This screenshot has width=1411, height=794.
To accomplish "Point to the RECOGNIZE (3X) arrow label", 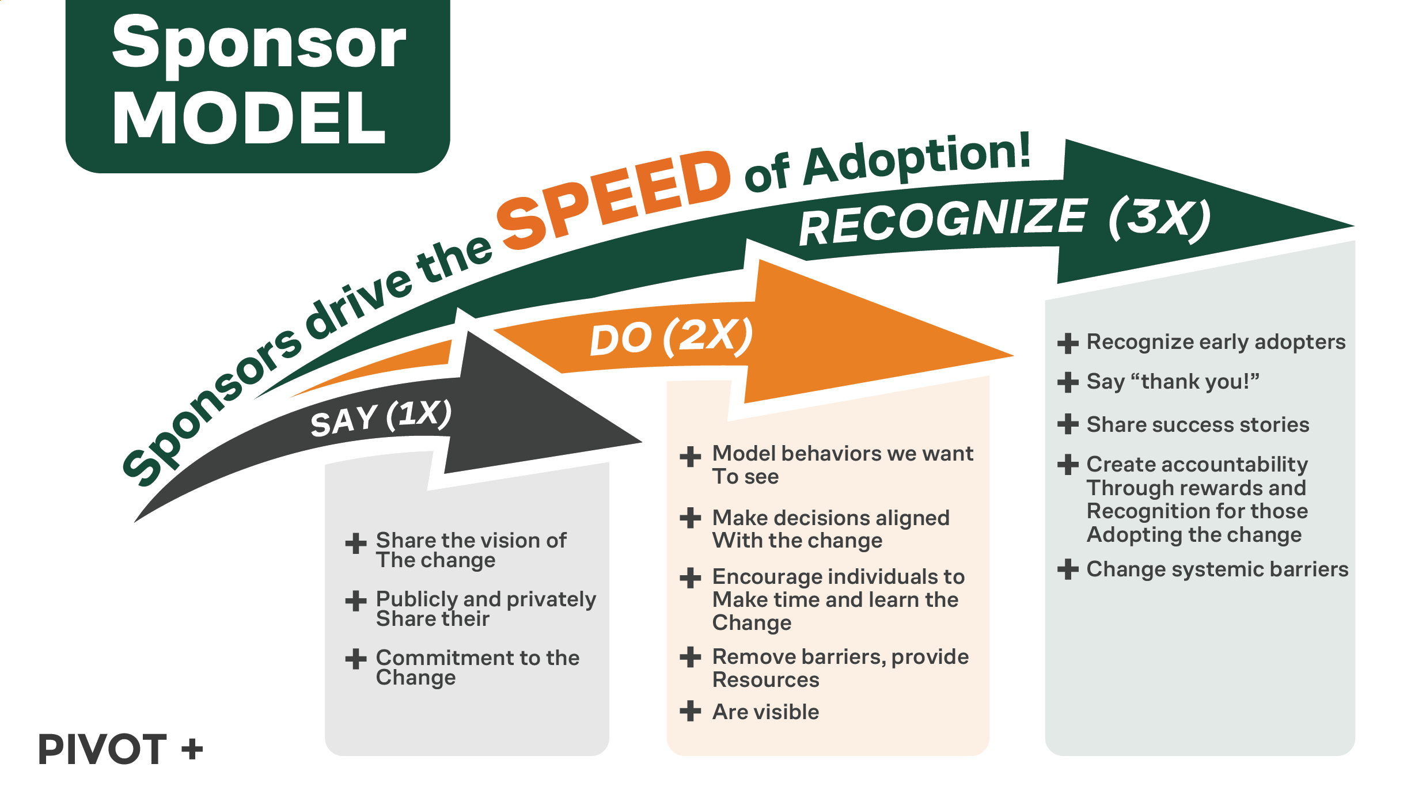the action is tap(1005, 221).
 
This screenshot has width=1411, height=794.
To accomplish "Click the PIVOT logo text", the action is tap(103, 749).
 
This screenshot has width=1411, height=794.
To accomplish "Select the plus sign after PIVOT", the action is tap(192, 750).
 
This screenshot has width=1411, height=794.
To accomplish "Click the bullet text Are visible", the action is tap(765, 712).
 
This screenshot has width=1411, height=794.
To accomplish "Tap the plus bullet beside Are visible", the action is tap(690, 711).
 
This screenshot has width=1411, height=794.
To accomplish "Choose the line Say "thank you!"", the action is tap(1173, 382).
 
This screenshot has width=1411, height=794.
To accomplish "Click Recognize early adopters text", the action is tap(1216, 342).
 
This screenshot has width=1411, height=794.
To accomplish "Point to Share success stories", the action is tap(1198, 425).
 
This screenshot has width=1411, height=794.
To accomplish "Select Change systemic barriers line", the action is tap(1217, 569).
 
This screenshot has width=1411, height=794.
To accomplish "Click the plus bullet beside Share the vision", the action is tap(356, 543).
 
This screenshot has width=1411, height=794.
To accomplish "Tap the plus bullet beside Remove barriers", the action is tap(690, 657).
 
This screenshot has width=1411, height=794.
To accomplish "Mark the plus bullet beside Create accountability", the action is tap(1068, 465).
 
